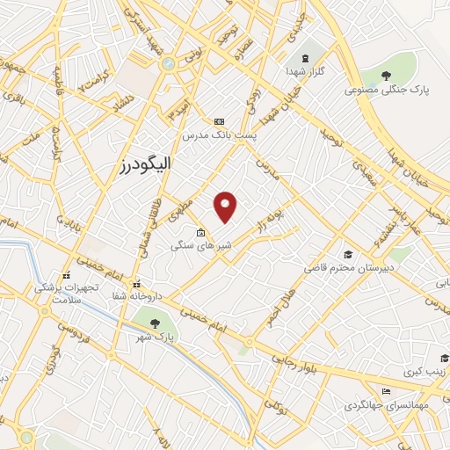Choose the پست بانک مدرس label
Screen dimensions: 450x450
220,135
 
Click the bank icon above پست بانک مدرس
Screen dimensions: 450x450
220,121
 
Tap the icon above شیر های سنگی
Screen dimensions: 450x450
201,233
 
